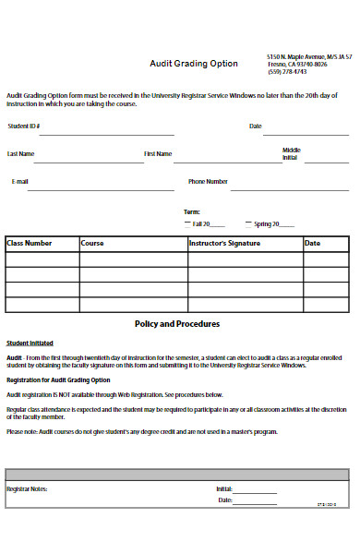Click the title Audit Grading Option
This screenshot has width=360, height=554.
[194, 64]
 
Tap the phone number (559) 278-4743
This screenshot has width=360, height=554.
[287, 72]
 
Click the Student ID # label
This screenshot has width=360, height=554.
[24, 126]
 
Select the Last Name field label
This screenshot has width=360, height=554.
[21, 153]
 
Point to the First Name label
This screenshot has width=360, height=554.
[157, 153]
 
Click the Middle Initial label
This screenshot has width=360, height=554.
[292, 153]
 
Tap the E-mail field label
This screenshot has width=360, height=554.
[20, 182]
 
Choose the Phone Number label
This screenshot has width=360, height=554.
[208, 182]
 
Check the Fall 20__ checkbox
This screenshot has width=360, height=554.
[187, 223]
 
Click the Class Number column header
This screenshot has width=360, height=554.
[30, 244]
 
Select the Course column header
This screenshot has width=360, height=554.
[92, 244]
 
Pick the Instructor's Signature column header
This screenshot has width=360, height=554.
[224, 244]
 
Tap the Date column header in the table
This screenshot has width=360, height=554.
[313, 244]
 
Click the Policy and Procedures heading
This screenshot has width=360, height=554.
[177, 324]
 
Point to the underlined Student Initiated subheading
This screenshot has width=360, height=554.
[30, 342]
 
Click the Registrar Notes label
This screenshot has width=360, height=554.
[27, 488]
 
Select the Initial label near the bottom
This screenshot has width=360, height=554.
[224, 488]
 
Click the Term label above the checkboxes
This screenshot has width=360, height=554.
[192, 211]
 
